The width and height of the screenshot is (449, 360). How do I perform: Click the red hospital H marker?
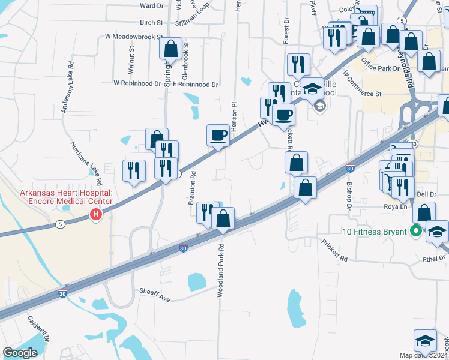(95, 215)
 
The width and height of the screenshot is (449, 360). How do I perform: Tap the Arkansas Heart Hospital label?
(66, 197)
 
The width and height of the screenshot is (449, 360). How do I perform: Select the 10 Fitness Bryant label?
(372, 232)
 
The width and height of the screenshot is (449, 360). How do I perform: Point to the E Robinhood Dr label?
(195, 85)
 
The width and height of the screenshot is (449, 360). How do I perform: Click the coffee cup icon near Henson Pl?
(218, 135)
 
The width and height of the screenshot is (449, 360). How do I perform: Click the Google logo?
(20, 353)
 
